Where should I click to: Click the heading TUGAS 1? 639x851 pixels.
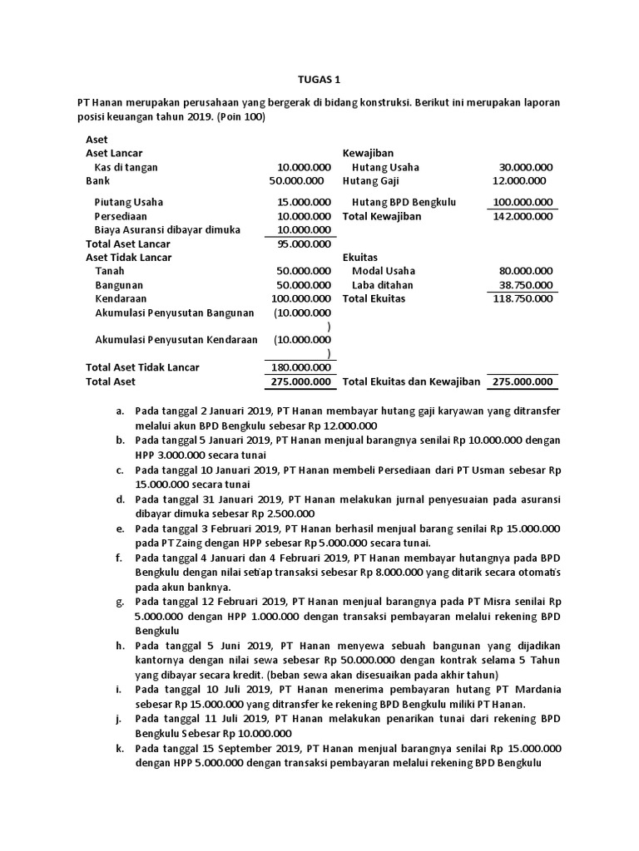click(319, 80)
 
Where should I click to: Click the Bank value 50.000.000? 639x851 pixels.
click(296, 180)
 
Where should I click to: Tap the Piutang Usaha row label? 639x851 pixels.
click(128, 202)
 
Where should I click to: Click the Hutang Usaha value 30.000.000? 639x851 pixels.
click(525, 167)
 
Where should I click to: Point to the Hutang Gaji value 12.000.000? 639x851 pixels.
click(519, 180)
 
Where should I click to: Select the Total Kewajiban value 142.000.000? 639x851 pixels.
click(522, 216)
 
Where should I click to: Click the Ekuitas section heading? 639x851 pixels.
click(360, 258)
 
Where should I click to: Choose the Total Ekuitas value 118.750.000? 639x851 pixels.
click(522, 298)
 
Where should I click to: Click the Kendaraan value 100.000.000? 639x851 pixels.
click(300, 298)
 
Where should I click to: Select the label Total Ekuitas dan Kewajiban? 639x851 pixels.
click(412, 381)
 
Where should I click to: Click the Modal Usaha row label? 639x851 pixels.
click(383, 271)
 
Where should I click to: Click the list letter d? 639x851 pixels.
click(121, 499)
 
